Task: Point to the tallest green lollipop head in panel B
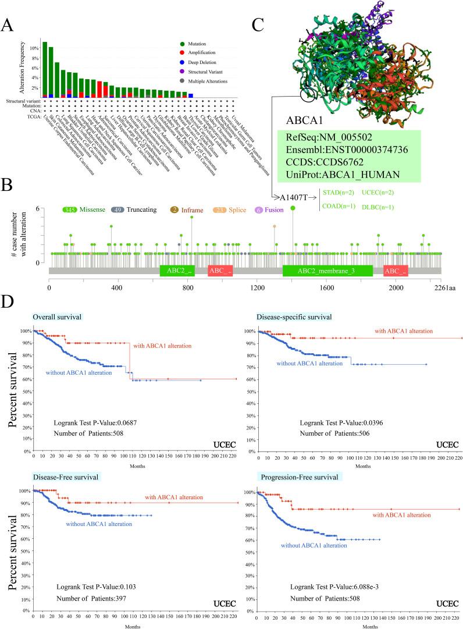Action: pos(293,208)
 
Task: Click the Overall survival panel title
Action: pos(56,317)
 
